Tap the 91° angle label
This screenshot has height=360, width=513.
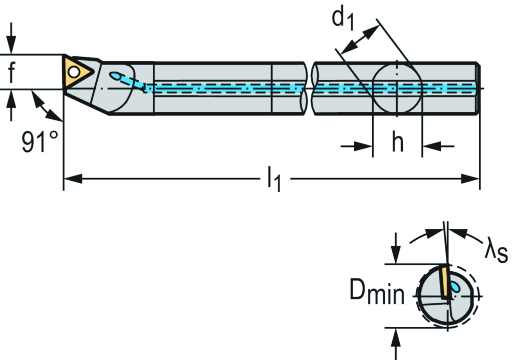[x=40, y=142]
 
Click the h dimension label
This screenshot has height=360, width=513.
[x=397, y=143]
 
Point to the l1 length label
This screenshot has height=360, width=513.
[x=274, y=179]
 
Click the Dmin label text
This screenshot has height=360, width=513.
[x=376, y=293]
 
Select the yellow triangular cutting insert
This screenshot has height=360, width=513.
[x=75, y=73]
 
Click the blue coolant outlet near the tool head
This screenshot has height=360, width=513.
[x=116, y=76]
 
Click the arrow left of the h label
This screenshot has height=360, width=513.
[x=363, y=146]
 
